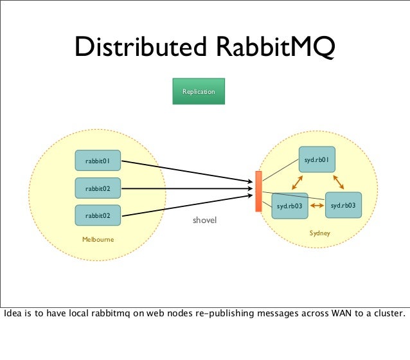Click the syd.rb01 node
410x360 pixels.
(317, 158)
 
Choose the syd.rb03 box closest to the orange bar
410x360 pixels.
(290, 206)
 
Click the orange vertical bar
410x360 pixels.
(258, 192)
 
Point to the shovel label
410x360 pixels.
(205, 221)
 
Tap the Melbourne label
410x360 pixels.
(98, 240)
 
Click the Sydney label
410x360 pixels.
(319, 234)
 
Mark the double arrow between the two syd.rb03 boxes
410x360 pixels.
(316, 206)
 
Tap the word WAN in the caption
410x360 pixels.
(341, 314)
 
